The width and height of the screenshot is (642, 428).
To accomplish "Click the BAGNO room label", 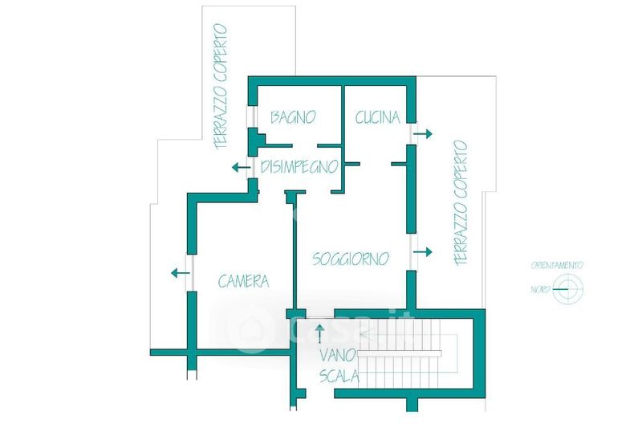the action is point(292,117).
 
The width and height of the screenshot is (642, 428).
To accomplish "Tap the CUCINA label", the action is point(377,117).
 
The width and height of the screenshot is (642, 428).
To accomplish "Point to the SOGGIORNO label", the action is point(351,259).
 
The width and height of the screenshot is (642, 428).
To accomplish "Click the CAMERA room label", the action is point(243,282).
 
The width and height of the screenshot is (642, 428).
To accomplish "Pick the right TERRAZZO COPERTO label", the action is point(460,203).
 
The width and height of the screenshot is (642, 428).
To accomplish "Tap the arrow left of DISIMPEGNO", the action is point(238,167).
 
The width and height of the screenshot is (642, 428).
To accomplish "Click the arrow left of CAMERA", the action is point(180,273).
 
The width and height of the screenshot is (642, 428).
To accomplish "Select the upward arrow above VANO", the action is point(320,330).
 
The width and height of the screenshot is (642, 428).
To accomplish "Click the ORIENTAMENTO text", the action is point(557,265).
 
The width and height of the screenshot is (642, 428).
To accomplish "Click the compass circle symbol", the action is point(571,289).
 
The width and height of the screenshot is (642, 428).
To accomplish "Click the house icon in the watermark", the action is point(246,331).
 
